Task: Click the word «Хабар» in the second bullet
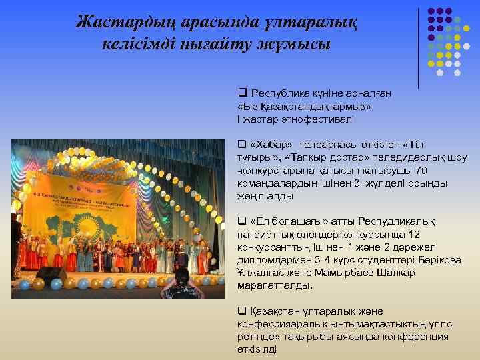click(272, 145)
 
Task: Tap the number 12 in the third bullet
click(413, 234)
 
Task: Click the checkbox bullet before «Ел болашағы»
click(242, 221)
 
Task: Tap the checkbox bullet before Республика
click(242, 94)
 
